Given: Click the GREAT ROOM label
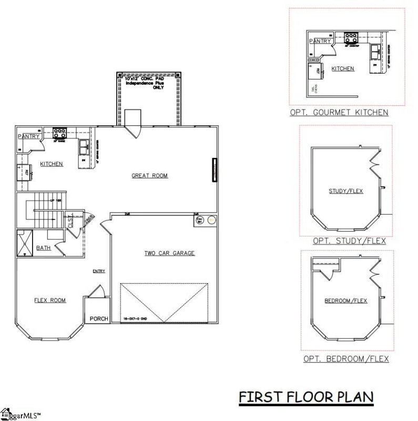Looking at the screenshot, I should click(x=149, y=176).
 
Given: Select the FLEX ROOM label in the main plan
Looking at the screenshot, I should click(x=50, y=300).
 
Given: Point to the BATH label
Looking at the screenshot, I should click(x=44, y=248).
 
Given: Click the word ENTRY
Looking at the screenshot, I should click(x=99, y=272).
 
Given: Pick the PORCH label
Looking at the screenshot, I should click(x=99, y=319).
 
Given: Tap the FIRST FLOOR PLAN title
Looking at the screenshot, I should click(x=306, y=396).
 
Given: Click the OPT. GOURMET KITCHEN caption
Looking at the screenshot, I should click(x=339, y=112).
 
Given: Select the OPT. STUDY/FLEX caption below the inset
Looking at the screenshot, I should click(x=349, y=241).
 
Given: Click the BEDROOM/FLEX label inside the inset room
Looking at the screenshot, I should click(x=345, y=300).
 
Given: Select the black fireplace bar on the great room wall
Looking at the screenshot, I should click(x=214, y=170).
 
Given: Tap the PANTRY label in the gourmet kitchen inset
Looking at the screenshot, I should click(x=320, y=41).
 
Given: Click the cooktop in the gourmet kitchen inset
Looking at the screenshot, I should click(x=351, y=38).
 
